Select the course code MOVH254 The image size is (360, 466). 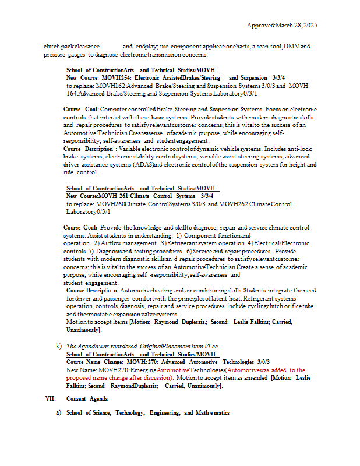point(116,77)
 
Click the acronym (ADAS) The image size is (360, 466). point(142,165)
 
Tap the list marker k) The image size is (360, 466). point(59,346)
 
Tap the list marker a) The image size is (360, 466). point(59,413)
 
